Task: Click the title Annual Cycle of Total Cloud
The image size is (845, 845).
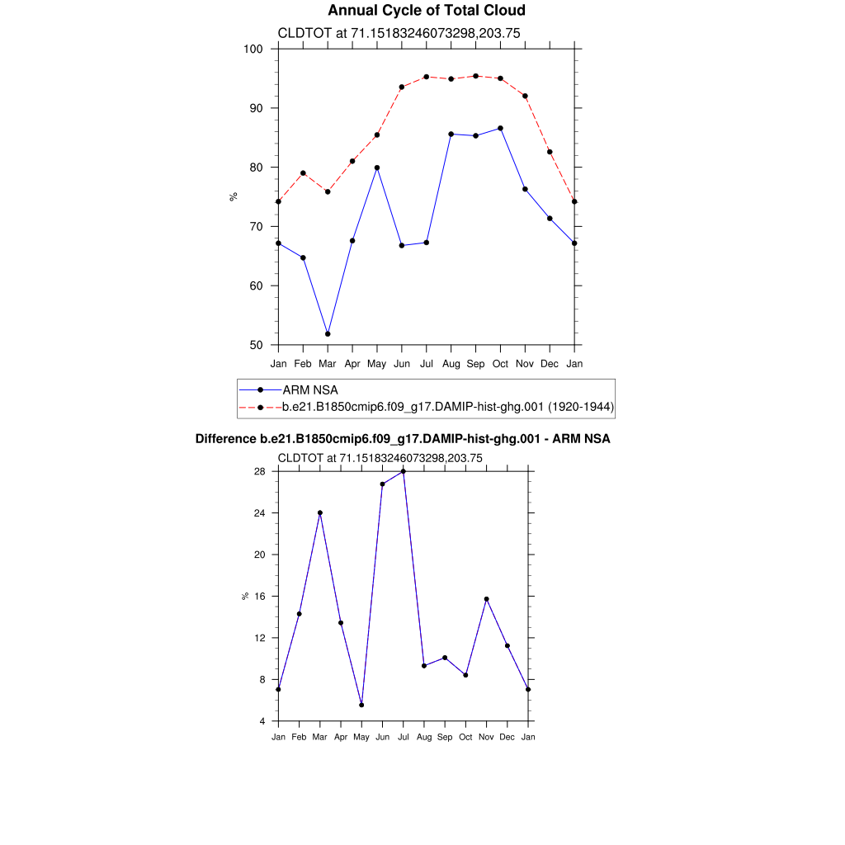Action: (x=426, y=11)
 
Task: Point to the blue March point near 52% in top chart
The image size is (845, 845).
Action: (x=328, y=333)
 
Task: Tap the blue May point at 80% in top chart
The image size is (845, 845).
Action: (x=377, y=168)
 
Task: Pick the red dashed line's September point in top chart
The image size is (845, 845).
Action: (x=475, y=76)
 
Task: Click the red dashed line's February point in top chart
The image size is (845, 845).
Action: (x=303, y=173)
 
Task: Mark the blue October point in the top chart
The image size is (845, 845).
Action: (x=500, y=128)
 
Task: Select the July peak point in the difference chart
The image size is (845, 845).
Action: (x=404, y=471)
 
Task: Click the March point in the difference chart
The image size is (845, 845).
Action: (x=320, y=512)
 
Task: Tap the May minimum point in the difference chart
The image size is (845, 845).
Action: (x=361, y=705)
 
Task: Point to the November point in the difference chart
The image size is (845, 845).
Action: (x=487, y=599)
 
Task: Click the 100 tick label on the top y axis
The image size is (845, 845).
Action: (x=253, y=49)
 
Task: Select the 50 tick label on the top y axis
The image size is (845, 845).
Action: (x=256, y=345)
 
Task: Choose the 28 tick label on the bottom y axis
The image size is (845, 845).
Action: (x=258, y=471)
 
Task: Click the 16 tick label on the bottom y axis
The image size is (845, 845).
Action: (x=258, y=596)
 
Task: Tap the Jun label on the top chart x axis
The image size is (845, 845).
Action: (x=402, y=363)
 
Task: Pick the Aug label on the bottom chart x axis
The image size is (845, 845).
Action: (x=424, y=737)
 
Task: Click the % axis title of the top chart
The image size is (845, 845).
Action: (x=234, y=196)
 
